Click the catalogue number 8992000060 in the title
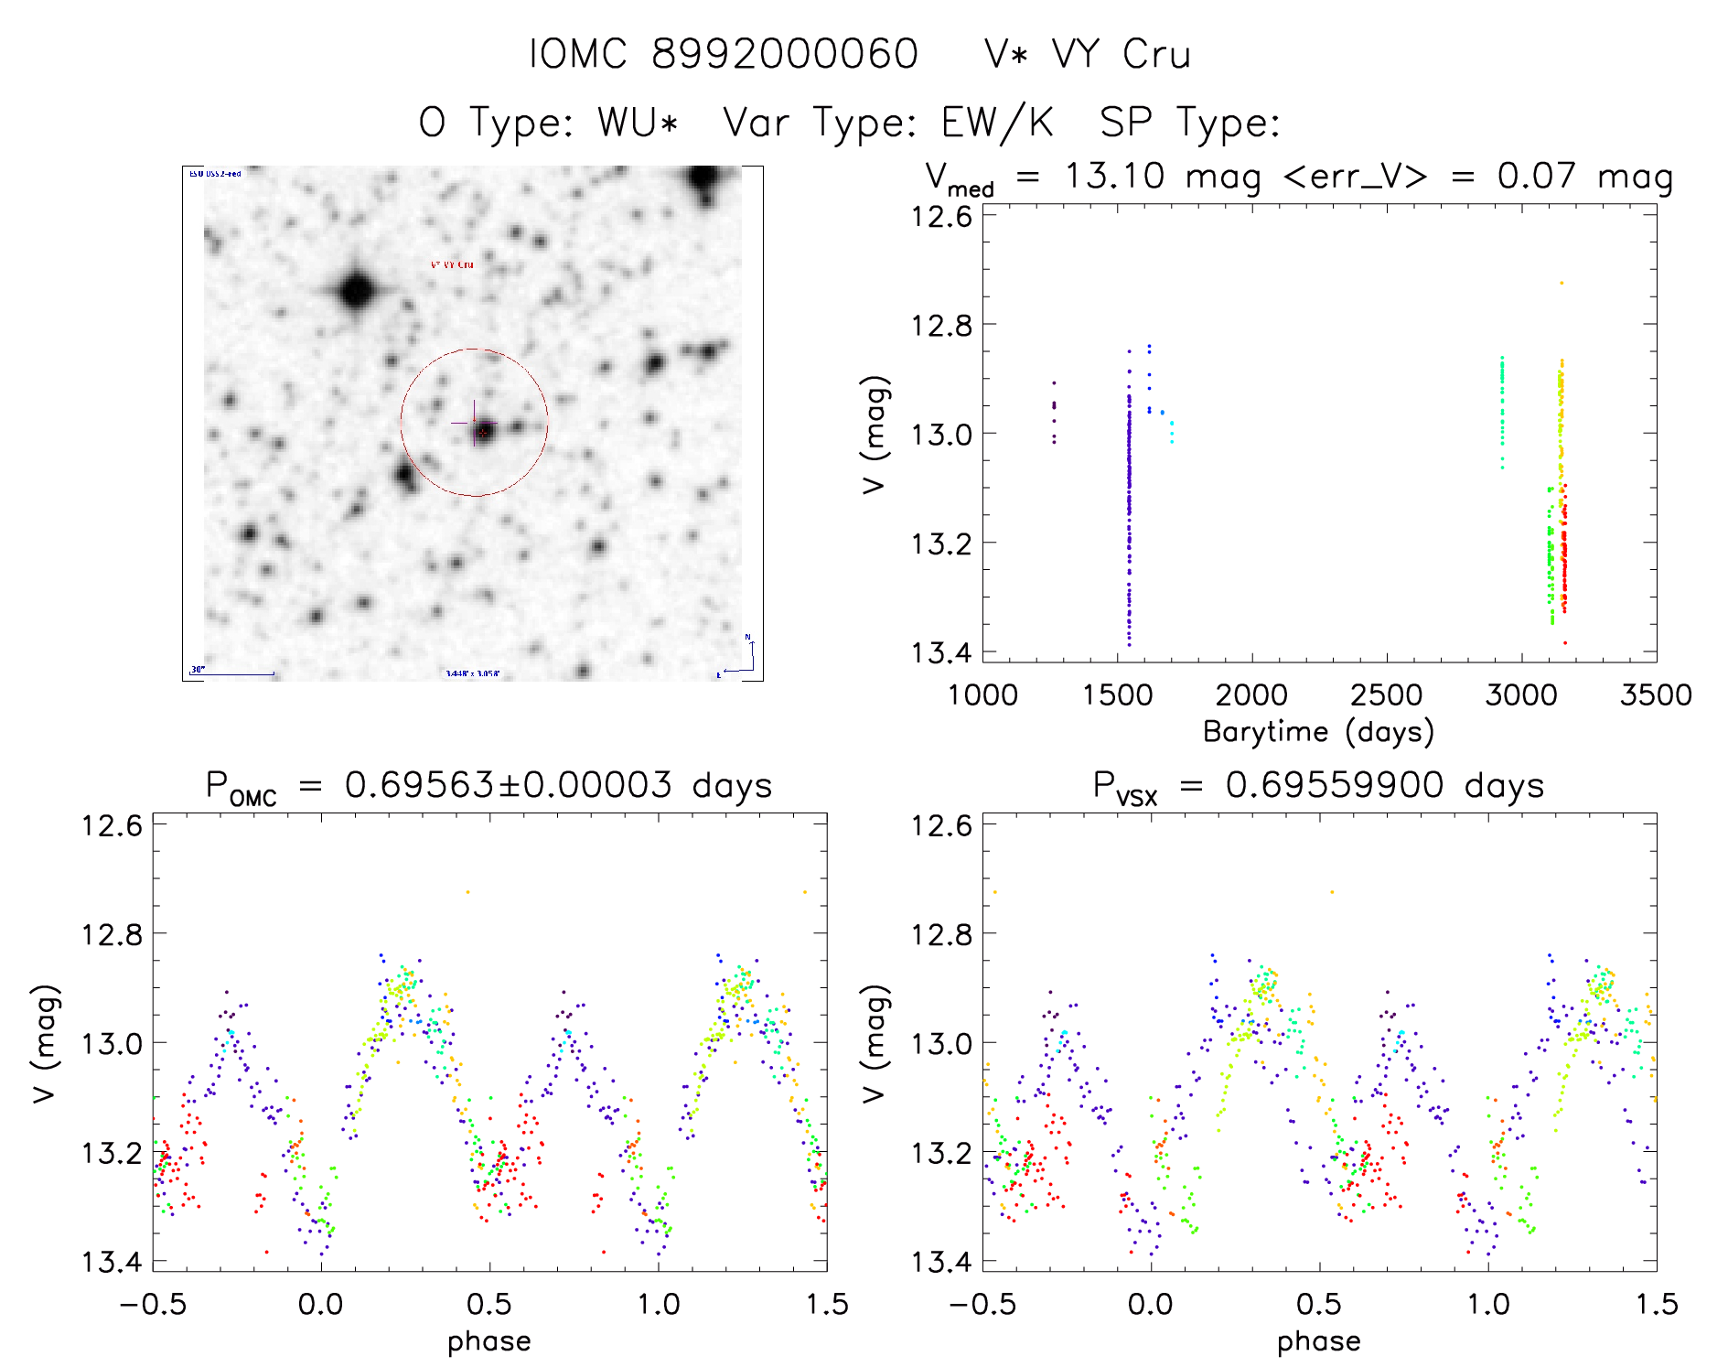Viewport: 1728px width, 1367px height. pos(784,54)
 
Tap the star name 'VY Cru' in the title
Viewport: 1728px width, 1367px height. pos(1121,54)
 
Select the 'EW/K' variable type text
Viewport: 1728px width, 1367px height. pos(997,122)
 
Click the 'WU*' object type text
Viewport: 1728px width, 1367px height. pos(638,122)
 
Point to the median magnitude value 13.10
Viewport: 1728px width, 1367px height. pos(1114,176)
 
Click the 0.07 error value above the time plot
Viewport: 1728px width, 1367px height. pos(1536,176)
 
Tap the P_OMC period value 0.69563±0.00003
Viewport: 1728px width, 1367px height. pos(508,785)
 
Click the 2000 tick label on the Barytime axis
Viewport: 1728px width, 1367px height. pos(1251,694)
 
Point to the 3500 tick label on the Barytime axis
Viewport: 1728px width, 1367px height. pos(1655,694)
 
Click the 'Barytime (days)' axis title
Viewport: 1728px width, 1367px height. pos(1318,731)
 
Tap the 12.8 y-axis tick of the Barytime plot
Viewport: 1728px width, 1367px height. pos(941,325)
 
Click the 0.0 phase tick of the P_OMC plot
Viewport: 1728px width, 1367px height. pos(321,1304)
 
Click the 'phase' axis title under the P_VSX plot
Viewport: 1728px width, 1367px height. pos(1318,1341)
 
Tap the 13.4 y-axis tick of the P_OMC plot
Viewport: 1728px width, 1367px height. pos(112,1262)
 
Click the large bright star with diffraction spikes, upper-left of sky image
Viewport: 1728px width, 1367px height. pos(356,292)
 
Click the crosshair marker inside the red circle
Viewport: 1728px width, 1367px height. pos(474,423)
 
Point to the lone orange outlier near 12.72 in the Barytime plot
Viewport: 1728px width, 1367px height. pos(1562,284)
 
